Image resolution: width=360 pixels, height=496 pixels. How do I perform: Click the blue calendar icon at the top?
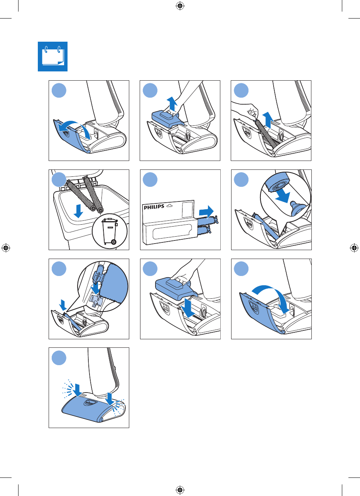coord(53,56)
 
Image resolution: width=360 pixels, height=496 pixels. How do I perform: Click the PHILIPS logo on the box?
coord(154,207)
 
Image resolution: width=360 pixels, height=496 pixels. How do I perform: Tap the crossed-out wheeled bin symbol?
coord(110,231)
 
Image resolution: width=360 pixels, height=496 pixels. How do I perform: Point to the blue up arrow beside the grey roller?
coord(268,120)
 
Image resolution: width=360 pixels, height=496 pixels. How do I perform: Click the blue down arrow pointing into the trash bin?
coord(78,211)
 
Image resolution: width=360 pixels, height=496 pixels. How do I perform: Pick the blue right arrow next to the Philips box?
coord(206,212)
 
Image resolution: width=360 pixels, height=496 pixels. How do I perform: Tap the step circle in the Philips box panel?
coord(150,179)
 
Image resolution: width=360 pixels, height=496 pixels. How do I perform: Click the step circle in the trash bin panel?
coord(59,179)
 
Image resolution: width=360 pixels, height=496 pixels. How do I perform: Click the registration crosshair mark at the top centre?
coord(180,6)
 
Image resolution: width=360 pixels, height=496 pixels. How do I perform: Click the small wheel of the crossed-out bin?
coord(114,242)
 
